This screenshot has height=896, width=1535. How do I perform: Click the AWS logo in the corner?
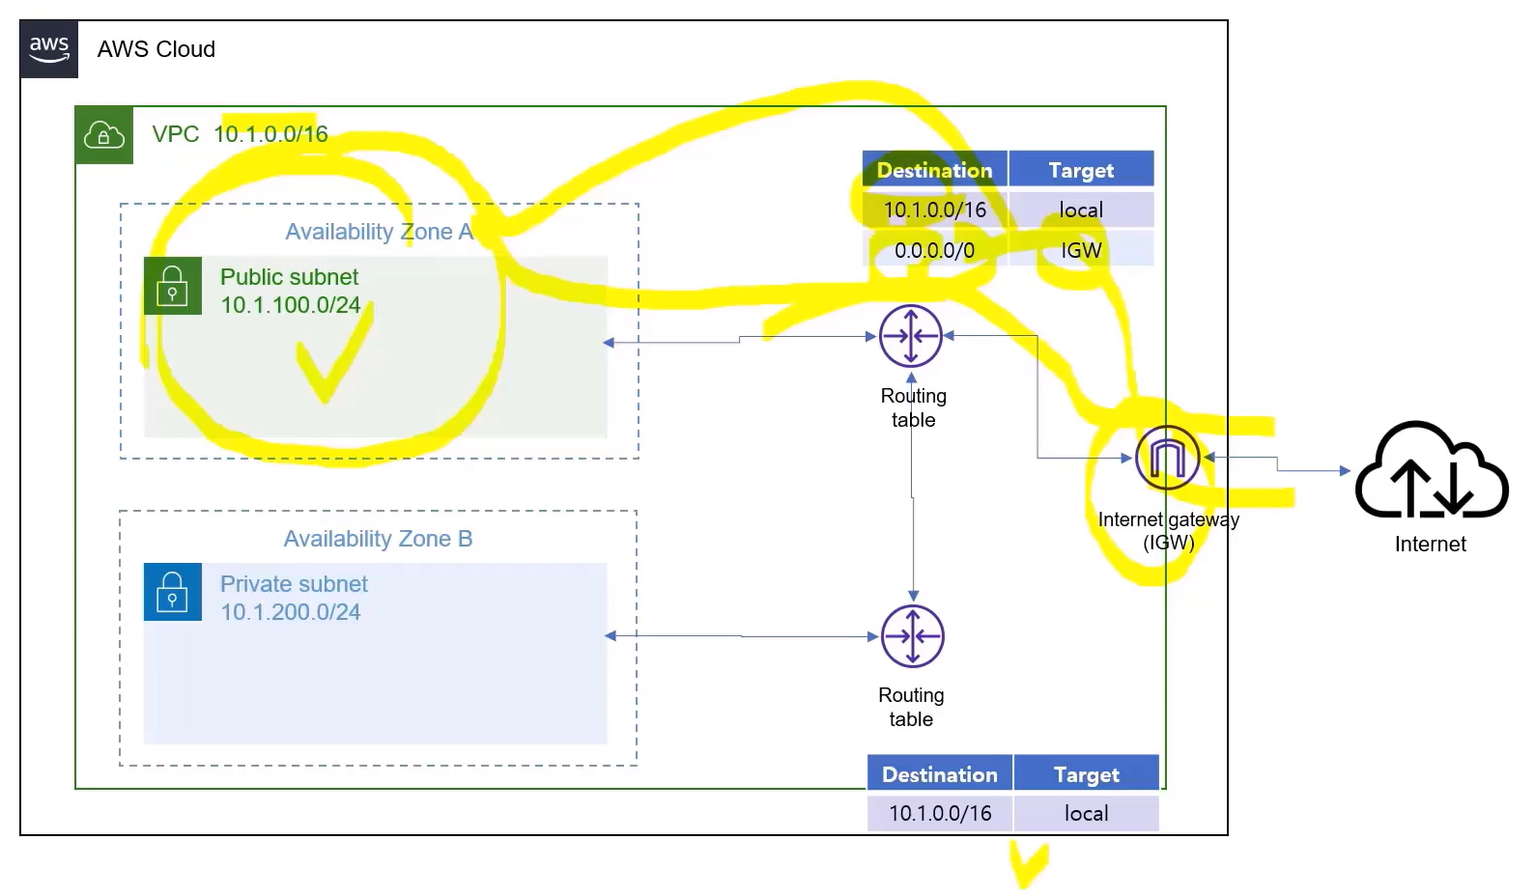click(48, 48)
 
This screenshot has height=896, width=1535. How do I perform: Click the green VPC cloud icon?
click(104, 135)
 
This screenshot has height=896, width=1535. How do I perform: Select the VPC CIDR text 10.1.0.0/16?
click(270, 134)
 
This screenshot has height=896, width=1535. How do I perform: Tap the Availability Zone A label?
click(379, 232)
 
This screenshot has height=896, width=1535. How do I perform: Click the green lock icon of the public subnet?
click(173, 286)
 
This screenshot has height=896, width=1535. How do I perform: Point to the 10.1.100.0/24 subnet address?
click(290, 305)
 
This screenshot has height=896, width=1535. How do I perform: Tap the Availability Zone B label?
click(378, 539)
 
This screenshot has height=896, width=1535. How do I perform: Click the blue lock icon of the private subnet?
click(173, 592)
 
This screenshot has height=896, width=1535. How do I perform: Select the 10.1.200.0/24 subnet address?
click(290, 612)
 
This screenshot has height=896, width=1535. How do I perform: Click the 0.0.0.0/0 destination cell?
click(934, 250)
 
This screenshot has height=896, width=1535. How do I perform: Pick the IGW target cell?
click(1081, 250)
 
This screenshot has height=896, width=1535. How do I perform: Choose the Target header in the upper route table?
click(1081, 170)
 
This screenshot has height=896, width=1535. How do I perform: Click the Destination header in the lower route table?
click(939, 774)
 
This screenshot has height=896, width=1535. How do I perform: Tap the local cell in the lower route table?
click(1086, 813)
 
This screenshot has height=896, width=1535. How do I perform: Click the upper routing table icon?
click(911, 336)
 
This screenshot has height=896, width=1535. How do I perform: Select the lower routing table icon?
click(913, 636)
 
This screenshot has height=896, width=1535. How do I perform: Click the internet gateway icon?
click(1167, 458)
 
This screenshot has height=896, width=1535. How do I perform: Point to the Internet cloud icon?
click(1431, 470)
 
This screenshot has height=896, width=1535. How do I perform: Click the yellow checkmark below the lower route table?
click(1028, 862)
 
